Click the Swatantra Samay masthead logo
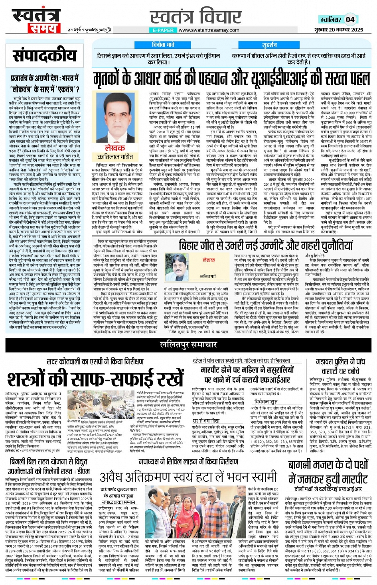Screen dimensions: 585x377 36,20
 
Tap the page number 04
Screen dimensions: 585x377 350,19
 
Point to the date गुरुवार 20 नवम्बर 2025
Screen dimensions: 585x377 338,30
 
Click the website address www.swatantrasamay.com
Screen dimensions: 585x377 209,30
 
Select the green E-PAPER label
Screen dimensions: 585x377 163,30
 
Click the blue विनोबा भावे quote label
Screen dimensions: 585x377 163,45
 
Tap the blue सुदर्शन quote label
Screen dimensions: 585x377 269,45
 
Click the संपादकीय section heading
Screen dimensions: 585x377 44,55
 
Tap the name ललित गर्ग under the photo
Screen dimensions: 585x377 208,277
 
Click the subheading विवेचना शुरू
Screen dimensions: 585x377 265,402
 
